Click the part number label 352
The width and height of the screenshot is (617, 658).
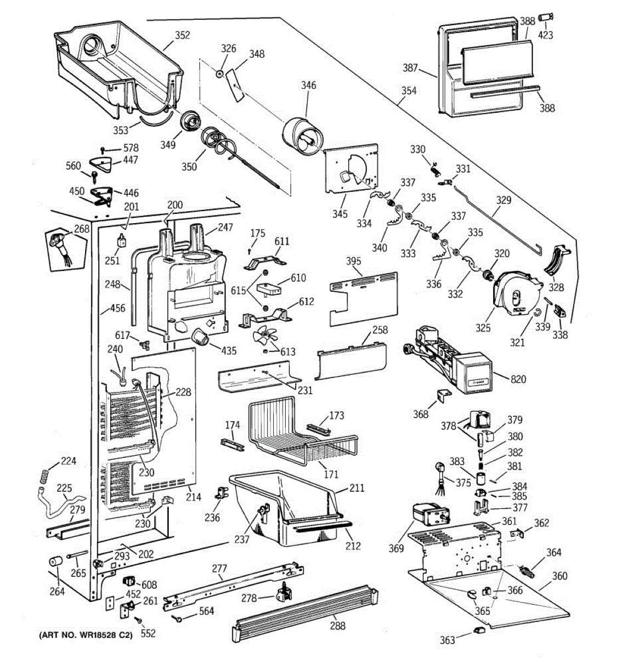pos(182,35)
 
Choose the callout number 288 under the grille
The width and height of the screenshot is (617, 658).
pos(338,626)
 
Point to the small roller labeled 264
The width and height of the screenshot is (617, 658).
pos(55,564)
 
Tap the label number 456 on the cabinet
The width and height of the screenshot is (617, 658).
pos(117,309)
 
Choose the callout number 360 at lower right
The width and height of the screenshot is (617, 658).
pos(559,576)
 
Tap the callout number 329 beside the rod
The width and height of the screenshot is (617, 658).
pos(503,200)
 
